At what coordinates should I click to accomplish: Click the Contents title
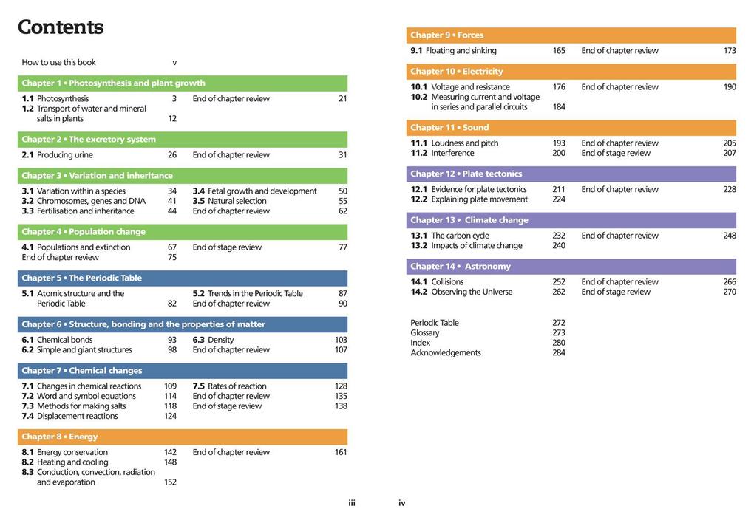[x=61, y=27]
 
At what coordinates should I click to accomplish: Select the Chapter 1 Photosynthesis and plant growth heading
[x=113, y=83]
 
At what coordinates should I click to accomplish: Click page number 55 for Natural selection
[x=342, y=201]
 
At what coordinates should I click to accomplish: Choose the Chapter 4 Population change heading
[x=84, y=232]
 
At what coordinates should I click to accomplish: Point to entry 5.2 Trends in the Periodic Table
[x=248, y=294]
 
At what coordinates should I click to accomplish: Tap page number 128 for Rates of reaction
[x=341, y=386]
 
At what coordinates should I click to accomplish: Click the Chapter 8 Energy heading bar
[x=182, y=437]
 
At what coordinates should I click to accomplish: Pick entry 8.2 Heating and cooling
[x=65, y=462]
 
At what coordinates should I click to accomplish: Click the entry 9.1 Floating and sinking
[x=453, y=51]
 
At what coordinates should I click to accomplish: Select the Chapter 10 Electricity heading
[x=456, y=72]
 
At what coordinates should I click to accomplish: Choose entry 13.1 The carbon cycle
[x=449, y=236]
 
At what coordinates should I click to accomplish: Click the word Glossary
[x=425, y=333]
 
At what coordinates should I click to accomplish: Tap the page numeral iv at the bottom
[x=402, y=504]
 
